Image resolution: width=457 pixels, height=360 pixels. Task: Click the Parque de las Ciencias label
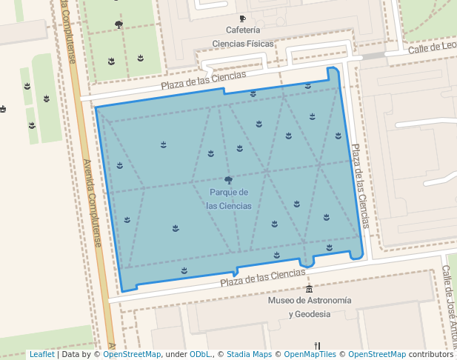point(228,199)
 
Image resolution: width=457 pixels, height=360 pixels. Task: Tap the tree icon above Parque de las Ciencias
point(228,180)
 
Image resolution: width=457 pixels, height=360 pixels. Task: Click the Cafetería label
point(243,30)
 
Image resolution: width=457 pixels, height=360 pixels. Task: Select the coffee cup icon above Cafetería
point(242,19)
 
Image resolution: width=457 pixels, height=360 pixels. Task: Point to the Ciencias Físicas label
point(243,44)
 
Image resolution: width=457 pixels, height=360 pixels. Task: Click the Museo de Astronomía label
point(309,301)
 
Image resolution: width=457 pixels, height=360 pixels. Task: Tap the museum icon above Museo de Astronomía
point(309,288)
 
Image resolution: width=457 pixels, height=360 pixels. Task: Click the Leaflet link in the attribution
point(41,355)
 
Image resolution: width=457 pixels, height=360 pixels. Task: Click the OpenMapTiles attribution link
point(309,355)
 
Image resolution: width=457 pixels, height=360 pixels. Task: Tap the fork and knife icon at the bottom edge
point(317,345)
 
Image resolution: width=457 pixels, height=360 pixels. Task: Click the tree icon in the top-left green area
point(119,24)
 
